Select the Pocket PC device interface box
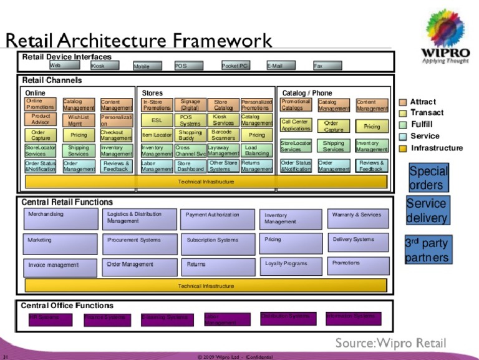[x=235, y=66]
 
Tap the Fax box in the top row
[x=327, y=66]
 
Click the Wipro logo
[x=445, y=38]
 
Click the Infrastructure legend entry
[x=436, y=148]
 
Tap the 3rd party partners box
[x=427, y=250]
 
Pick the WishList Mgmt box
[x=79, y=119]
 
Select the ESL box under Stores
[x=156, y=120]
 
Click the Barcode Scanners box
[x=223, y=135]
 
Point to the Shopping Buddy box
[x=190, y=135]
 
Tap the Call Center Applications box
[x=295, y=125]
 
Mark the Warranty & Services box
[x=357, y=218]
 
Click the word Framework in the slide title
[x=223, y=41]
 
